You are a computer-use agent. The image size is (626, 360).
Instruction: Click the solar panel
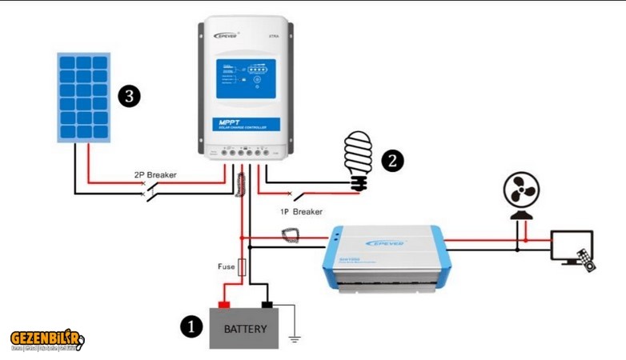point(83,98)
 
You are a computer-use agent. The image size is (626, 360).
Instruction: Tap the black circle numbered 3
point(129,97)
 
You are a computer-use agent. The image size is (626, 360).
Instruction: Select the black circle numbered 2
point(392,160)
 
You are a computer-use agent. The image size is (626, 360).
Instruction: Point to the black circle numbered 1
point(191,326)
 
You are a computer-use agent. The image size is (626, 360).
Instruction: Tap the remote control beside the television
point(588,260)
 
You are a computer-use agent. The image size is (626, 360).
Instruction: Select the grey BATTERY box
point(244,329)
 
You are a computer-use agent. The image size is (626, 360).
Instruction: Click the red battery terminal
point(224,304)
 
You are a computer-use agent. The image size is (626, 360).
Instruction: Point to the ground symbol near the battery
point(295,338)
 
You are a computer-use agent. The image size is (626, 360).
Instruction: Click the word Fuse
point(226,266)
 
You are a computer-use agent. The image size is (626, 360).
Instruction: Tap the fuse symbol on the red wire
point(243,266)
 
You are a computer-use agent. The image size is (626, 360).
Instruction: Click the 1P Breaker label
point(301,212)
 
